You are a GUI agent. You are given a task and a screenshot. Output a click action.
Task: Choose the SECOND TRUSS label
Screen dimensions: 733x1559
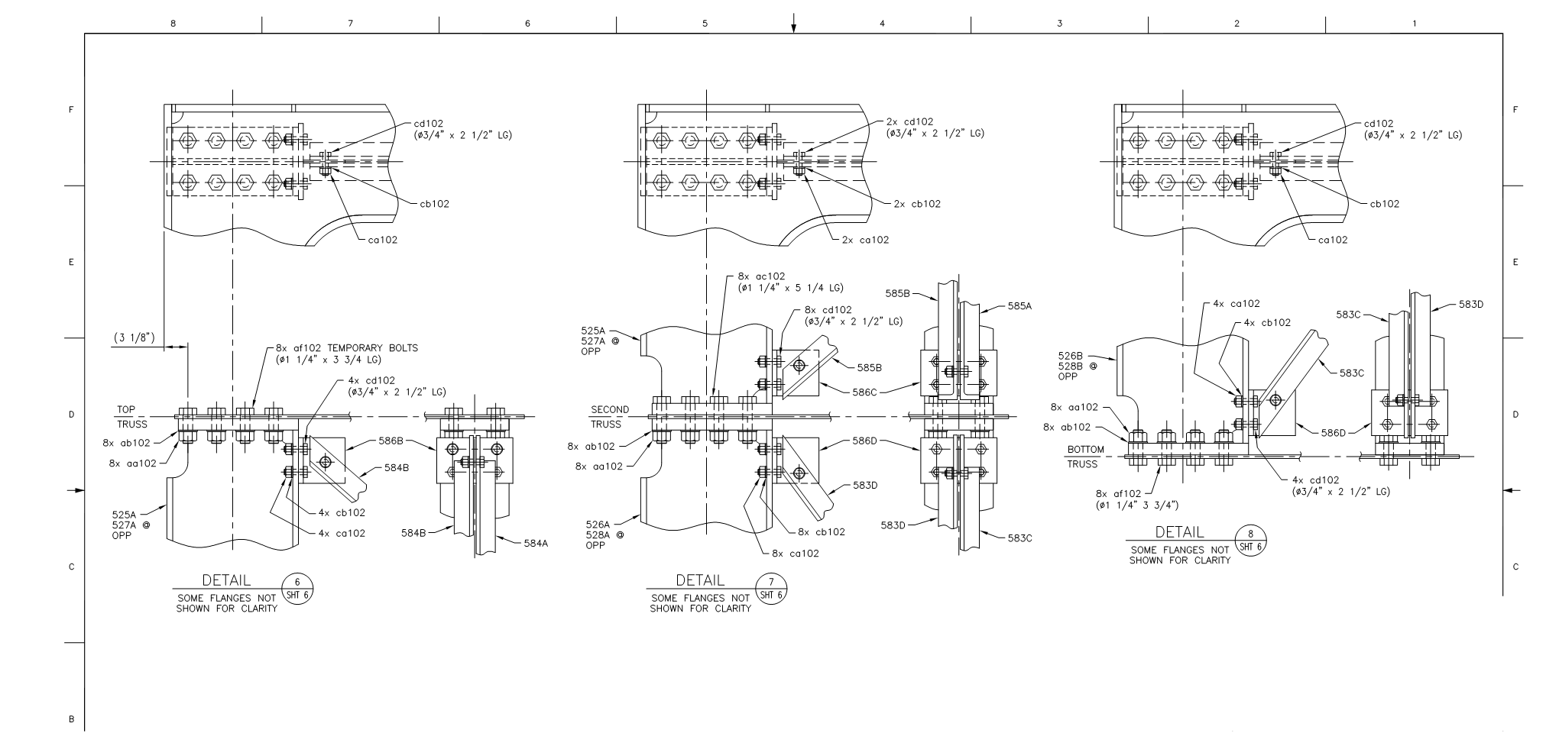click(609, 417)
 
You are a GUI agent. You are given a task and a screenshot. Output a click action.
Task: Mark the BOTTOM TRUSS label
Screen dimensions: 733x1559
click(1085, 457)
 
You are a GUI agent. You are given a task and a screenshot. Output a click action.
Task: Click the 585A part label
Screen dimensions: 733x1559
click(1019, 305)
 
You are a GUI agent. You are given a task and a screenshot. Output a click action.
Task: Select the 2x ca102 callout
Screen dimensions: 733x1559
click(865, 240)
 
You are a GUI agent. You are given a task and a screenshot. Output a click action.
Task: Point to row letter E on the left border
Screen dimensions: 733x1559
click(72, 262)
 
